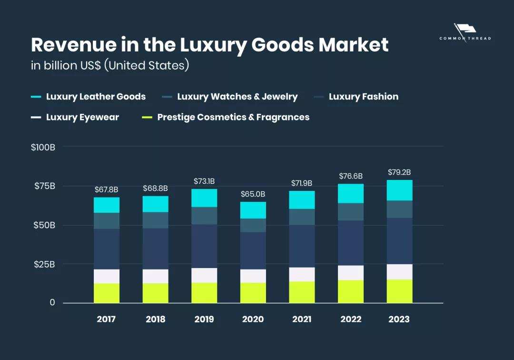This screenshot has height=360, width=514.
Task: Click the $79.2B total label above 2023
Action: pos(399,172)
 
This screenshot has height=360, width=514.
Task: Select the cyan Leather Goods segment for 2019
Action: pos(204,198)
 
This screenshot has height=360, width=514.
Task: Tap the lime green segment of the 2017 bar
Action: pos(107,293)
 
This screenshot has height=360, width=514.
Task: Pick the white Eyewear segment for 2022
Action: pos(351,273)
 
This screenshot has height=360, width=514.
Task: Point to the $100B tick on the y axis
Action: pos(43,147)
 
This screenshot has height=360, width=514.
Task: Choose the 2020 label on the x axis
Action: pos(253,319)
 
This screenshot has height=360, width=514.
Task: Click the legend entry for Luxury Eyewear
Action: pos(82,117)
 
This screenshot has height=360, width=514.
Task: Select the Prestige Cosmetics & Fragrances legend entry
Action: pos(233,117)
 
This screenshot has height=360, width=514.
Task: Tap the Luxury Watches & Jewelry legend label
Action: pos(237,97)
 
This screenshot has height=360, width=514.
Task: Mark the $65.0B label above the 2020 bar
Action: pos(253,194)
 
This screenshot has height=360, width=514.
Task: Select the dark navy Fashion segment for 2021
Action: pos(302,246)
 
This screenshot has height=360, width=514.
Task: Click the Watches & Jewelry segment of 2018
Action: pos(156,220)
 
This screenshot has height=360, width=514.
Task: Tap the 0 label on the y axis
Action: pos(52,303)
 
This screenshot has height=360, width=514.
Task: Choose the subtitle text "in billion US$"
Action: pos(66,65)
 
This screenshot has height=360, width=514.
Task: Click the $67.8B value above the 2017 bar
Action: pos(107,190)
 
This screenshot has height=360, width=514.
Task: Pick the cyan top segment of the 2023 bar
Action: pos(399,190)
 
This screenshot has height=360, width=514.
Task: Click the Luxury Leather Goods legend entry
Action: pos(96,97)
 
